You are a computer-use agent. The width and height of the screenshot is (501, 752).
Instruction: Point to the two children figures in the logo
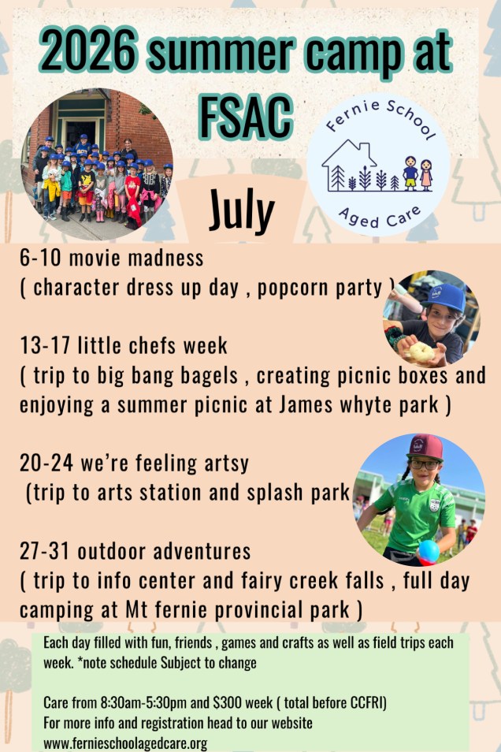(x=418, y=173)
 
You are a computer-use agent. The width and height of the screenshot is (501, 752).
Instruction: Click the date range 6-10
(x=40, y=258)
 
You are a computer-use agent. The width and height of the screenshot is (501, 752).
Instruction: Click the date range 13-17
(x=45, y=345)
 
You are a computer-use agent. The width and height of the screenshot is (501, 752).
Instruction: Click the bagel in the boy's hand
(x=421, y=352)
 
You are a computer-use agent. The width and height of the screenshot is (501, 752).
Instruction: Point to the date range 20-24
(x=46, y=463)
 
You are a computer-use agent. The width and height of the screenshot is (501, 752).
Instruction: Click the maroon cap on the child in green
(x=425, y=448)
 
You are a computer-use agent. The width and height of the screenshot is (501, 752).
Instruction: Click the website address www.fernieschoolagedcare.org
(x=125, y=743)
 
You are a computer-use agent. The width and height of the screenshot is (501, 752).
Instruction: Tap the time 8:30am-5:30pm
(x=143, y=702)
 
